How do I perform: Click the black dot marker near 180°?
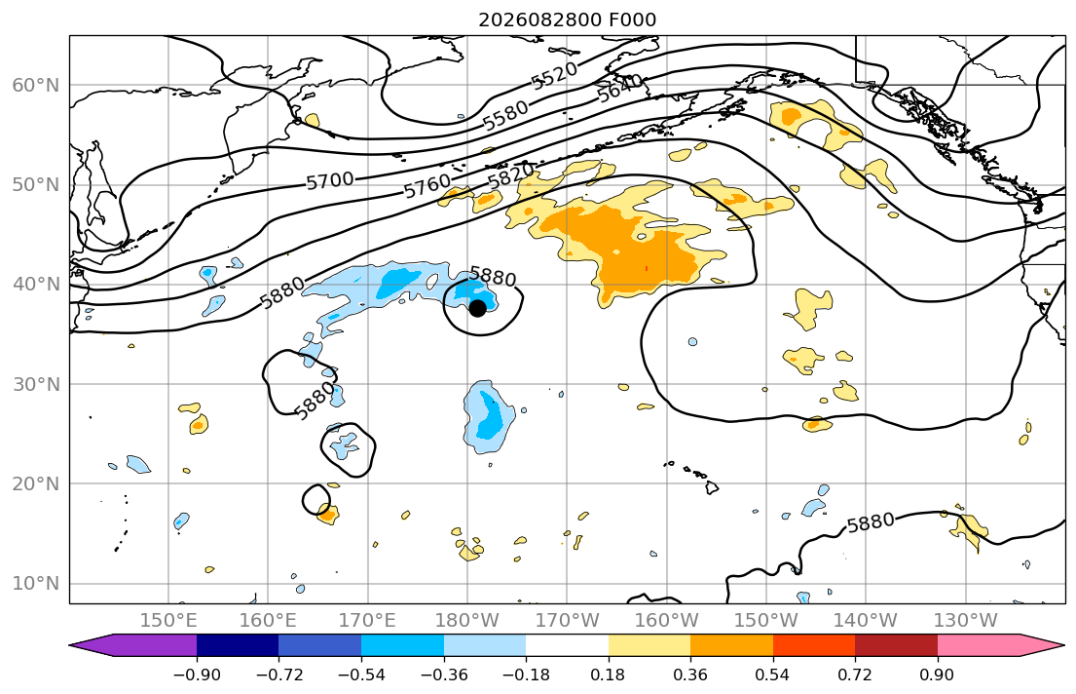[477, 309]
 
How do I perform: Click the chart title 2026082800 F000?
[568, 19]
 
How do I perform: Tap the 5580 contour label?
[505, 115]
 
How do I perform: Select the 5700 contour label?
[329, 181]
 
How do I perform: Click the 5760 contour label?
[427, 185]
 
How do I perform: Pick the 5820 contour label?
[510, 175]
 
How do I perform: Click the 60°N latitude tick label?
[36, 85]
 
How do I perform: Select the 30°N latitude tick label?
[36, 384]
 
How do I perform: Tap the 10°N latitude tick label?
[36, 584]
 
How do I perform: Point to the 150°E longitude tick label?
[168, 621]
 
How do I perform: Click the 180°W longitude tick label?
[467, 621]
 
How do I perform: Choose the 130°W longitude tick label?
[966, 621]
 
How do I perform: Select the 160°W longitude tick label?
[667, 621]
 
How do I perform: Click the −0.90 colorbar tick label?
[197, 675]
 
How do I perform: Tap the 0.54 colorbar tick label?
[773, 675]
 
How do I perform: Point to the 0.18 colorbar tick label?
[608, 675]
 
